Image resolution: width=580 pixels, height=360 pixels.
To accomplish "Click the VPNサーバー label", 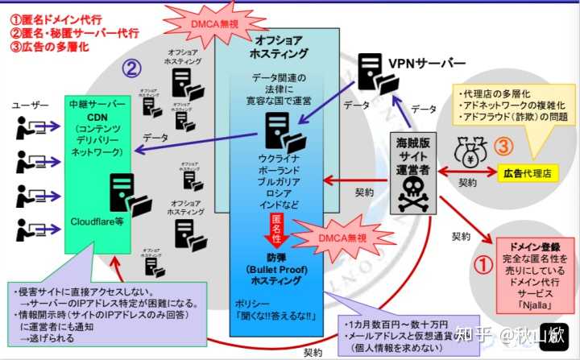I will [427, 64].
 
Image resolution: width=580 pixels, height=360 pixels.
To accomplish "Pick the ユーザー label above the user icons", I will [30, 105].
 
